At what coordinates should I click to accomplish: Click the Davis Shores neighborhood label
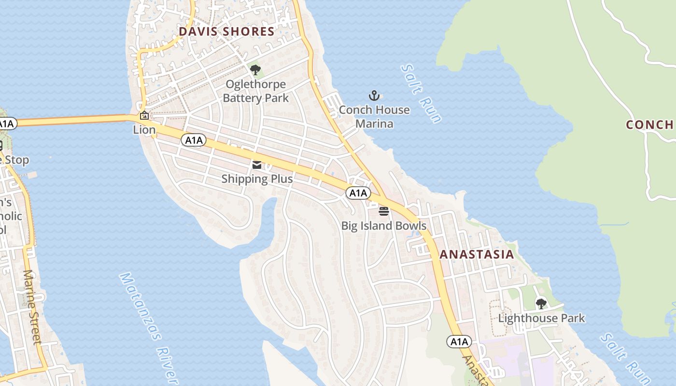pos(226,32)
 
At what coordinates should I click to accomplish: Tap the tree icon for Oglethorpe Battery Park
pos(255,70)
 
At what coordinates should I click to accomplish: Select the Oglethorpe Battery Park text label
pos(255,91)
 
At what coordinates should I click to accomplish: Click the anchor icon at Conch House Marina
pos(374,96)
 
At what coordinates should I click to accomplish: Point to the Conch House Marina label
pos(374,117)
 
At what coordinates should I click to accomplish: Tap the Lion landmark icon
pos(144,115)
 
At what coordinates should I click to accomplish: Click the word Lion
pos(144,130)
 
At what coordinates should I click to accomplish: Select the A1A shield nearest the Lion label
pos(194,140)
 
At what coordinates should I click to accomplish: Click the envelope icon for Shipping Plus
pos(257,165)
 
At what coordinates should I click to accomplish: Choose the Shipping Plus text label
pos(257,179)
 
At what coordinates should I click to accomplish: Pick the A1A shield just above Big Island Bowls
pos(358,193)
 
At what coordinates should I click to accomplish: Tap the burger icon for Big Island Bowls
pos(384,211)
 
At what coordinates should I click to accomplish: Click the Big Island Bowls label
pos(384,226)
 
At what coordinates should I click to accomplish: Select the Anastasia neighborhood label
pos(477,255)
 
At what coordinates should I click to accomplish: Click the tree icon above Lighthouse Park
pos(541,304)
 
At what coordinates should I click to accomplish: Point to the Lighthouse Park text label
pos(541,318)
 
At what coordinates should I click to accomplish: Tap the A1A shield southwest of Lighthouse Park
pos(459,342)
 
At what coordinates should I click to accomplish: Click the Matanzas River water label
pos(149,328)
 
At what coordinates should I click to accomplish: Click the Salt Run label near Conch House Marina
pos(422,94)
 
